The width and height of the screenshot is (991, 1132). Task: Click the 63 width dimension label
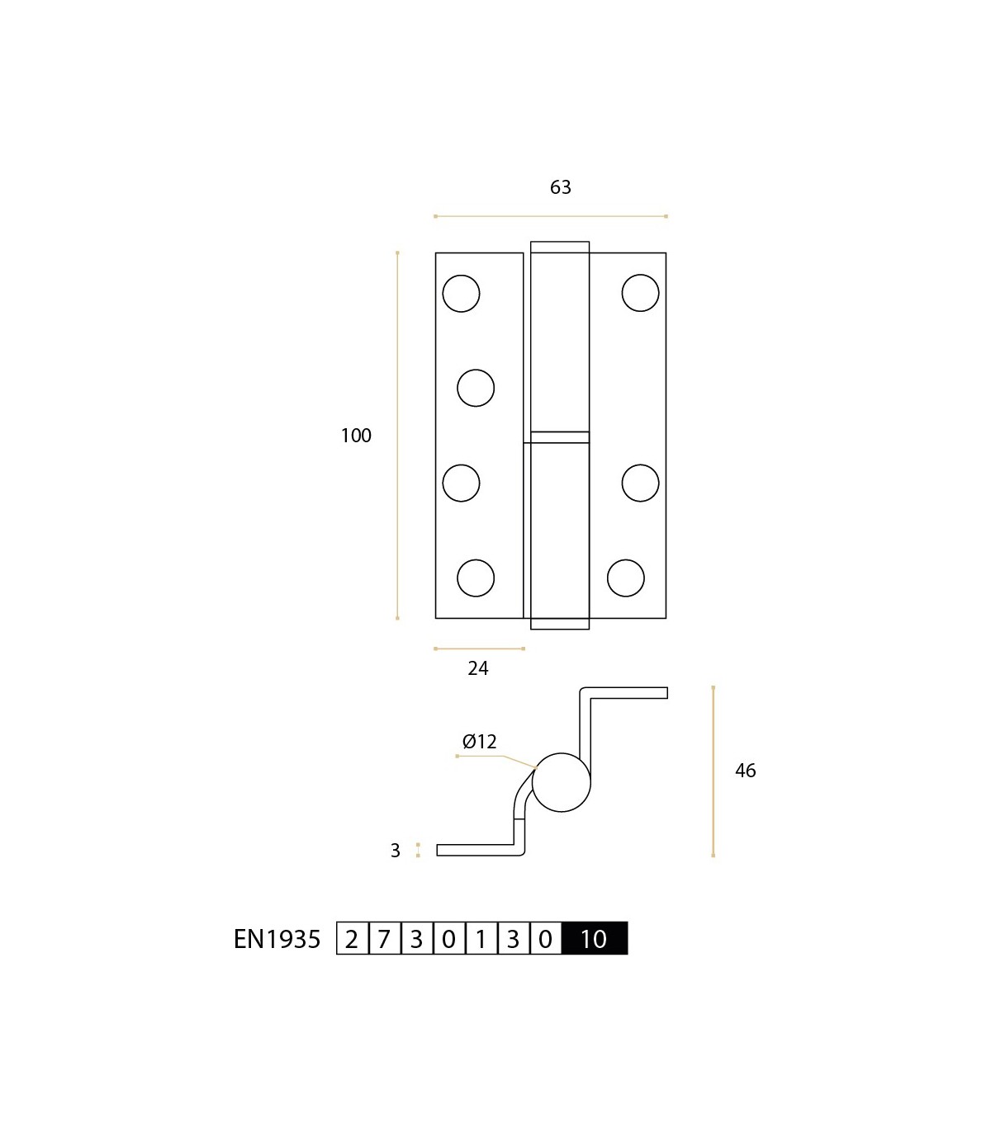pyautogui.click(x=560, y=187)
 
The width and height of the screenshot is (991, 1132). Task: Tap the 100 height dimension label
pyautogui.click(x=356, y=436)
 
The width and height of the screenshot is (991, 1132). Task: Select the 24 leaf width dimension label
pyautogui.click(x=478, y=668)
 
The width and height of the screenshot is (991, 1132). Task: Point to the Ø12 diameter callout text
pyautogui.click(x=480, y=742)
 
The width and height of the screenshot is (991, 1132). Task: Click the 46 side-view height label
pyautogui.click(x=745, y=771)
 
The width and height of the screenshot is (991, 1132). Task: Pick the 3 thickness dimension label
pyautogui.click(x=395, y=851)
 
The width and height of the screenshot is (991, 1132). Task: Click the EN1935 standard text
pyautogui.click(x=277, y=940)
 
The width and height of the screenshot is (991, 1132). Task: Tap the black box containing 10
pyautogui.click(x=595, y=938)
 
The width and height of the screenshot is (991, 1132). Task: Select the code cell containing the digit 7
pyautogui.click(x=384, y=938)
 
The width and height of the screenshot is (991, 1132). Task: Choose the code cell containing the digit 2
pyautogui.click(x=352, y=938)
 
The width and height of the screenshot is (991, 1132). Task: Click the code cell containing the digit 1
pyautogui.click(x=481, y=938)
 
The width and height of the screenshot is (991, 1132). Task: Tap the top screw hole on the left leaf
pyautogui.click(x=461, y=293)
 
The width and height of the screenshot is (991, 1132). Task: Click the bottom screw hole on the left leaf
pyautogui.click(x=476, y=578)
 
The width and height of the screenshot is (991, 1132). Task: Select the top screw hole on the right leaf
pyautogui.click(x=640, y=293)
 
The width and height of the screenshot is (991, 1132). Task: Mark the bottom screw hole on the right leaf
pyautogui.click(x=626, y=578)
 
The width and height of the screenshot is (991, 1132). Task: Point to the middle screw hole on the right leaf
pyautogui.click(x=640, y=483)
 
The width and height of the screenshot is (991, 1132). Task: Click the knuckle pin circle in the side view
pyautogui.click(x=562, y=782)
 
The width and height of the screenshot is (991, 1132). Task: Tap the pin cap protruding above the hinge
pyautogui.click(x=560, y=248)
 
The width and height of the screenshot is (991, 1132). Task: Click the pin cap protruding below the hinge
pyautogui.click(x=560, y=624)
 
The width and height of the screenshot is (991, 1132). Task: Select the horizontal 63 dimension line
pyautogui.click(x=551, y=216)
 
